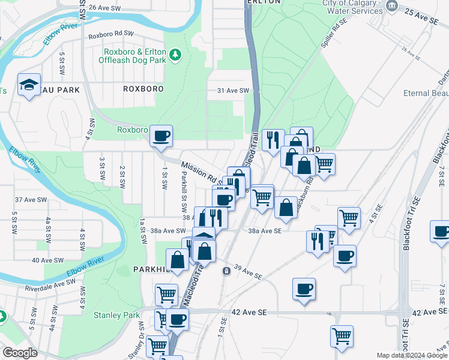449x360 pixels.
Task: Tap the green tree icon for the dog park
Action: [x=175, y=55]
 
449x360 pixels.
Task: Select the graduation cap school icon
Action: [x=28, y=85]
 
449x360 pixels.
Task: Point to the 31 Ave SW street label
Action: [x=233, y=91]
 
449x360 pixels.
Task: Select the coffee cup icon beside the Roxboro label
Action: [x=161, y=136]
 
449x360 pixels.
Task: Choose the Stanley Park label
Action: [x=116, y=315]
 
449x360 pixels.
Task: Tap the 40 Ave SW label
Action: [x=48, y=260]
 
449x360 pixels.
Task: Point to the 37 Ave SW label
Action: [x=31, y=200]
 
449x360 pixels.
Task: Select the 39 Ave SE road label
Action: [x=248, y=272]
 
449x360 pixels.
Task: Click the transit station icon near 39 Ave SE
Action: [x=226, y=271]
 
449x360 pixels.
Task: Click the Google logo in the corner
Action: [x=20, y=353]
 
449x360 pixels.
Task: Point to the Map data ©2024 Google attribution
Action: [x=412, y=355]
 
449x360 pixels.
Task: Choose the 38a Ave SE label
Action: [x=265, y=230]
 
